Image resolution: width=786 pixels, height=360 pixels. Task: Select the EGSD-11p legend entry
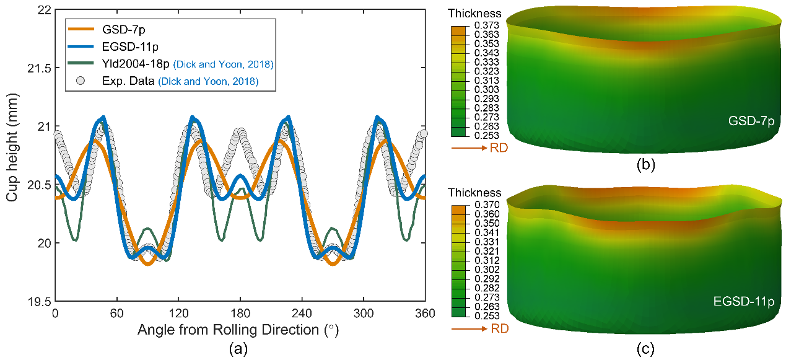point(123,46)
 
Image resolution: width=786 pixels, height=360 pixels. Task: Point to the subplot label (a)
point(240,349)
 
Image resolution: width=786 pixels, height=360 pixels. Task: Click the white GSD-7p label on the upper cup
point(751,121)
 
